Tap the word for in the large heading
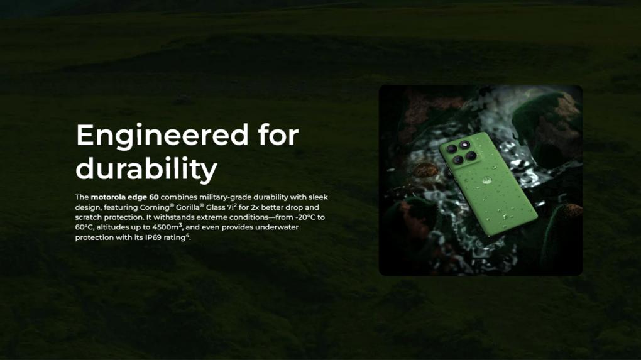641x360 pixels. tap(278, 134)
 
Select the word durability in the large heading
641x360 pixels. tap(146, 168)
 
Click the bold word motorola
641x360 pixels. tap(108, 197)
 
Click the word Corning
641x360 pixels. tap(155, 207)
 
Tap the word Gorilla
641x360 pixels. tap(188, 207)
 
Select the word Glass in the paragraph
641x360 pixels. tap(216, 207)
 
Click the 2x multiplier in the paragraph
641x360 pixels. tap(255, 207)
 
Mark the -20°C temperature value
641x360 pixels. tap(305, 217)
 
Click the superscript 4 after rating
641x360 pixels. tap(188, 236)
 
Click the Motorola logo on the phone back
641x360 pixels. tap(486, 180)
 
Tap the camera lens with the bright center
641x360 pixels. tap(464, 145)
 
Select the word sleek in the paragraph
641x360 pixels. tap(318, 197)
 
